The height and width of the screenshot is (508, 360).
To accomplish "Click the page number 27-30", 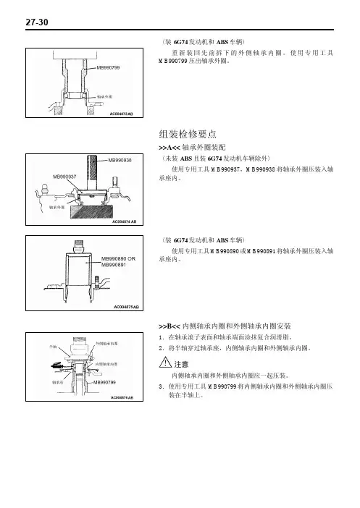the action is (37, 22).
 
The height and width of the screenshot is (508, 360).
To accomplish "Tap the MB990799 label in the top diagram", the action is (108, 68).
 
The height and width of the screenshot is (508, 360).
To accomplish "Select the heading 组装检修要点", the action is (188, 134).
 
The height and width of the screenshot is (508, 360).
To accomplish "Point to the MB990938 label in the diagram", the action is (120, 160).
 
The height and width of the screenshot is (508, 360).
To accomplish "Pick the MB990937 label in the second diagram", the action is (64, 177).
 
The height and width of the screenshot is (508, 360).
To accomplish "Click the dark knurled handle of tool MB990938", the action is (92, 171).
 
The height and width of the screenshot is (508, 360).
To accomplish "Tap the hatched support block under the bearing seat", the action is (92, 213).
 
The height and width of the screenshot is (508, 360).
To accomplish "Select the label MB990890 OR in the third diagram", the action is (118, 259).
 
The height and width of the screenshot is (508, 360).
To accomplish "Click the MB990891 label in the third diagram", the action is (114, 265).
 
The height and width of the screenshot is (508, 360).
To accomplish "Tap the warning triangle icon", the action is (165, 362).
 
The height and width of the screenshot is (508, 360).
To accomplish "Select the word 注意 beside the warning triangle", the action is (181, 365).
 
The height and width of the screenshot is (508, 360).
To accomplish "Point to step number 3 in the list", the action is (162, 386).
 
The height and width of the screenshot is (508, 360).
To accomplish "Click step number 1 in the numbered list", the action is (162, 337).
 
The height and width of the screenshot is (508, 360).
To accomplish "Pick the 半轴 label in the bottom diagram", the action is (53, 347).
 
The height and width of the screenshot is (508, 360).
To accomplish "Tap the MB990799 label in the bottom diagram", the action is (104, 382).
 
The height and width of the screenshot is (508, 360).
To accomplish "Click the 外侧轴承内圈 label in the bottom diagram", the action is (106, 344).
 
